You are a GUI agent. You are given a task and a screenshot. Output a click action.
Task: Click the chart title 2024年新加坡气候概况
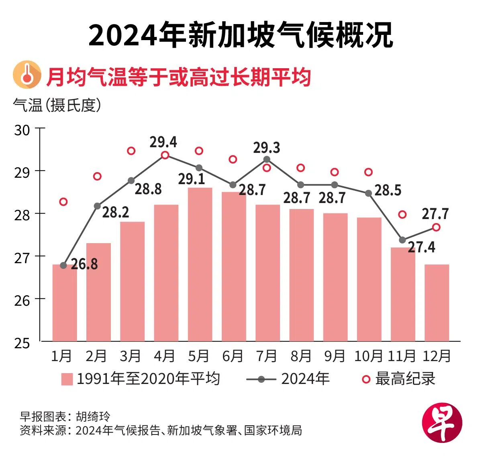pos(241,35)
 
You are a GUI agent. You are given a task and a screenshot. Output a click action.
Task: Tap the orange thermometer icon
pos(27,75)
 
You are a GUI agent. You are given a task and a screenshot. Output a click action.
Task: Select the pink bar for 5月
pos(200,264)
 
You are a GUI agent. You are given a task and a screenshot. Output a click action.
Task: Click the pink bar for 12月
pos(437,303)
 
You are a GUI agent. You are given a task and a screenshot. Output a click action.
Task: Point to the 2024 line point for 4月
pos(165,155)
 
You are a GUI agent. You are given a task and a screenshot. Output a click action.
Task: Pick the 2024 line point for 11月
pos(402,240)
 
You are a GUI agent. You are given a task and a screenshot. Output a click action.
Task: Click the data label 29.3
pos(267,148)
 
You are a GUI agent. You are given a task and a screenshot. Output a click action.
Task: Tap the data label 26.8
pos(84,264)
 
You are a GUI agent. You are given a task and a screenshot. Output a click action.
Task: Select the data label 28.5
pos(388,190)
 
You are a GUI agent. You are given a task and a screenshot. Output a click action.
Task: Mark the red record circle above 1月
pos(63,202)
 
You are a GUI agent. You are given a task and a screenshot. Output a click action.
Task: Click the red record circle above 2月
pos(97,177)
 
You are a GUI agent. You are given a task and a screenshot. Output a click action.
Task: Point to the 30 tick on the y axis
pos(22,130)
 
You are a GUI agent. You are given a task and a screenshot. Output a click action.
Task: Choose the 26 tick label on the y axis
pos(22,301)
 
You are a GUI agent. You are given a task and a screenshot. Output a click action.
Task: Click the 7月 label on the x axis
pos(267,356)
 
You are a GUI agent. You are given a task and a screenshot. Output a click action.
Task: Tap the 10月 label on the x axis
pos(368,356)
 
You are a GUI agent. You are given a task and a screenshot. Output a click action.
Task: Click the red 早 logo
pos(442,423)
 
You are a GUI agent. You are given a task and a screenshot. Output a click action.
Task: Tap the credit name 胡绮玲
pos(93,416)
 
